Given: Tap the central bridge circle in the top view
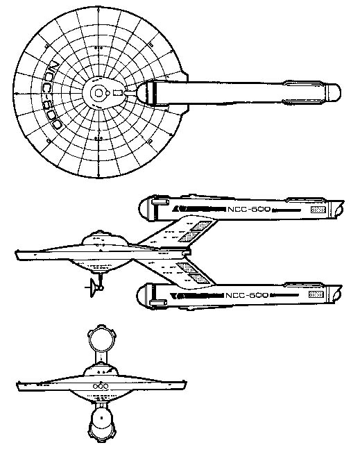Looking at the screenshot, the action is point(98,93).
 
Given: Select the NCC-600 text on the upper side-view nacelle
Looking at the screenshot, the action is point(249,209).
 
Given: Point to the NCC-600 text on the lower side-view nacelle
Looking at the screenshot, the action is point(247,295).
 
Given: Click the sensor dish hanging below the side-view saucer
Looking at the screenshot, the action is point(93,287).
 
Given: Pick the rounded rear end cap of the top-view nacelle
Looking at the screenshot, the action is point(334,92).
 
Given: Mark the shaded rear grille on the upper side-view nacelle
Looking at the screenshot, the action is point(318,210).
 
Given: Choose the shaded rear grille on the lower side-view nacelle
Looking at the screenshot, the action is point(316,294).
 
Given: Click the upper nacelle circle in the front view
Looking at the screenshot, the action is point(100,340).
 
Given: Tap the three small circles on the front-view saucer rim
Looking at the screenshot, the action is point(101,386).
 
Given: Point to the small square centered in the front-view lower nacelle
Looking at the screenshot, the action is point(101,417).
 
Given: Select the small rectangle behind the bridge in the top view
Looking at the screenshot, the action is point(118,93).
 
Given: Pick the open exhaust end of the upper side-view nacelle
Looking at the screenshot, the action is point(340,208).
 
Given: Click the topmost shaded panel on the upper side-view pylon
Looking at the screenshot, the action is point(201,226).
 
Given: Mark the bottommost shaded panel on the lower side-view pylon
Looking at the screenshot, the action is point(199,279).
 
